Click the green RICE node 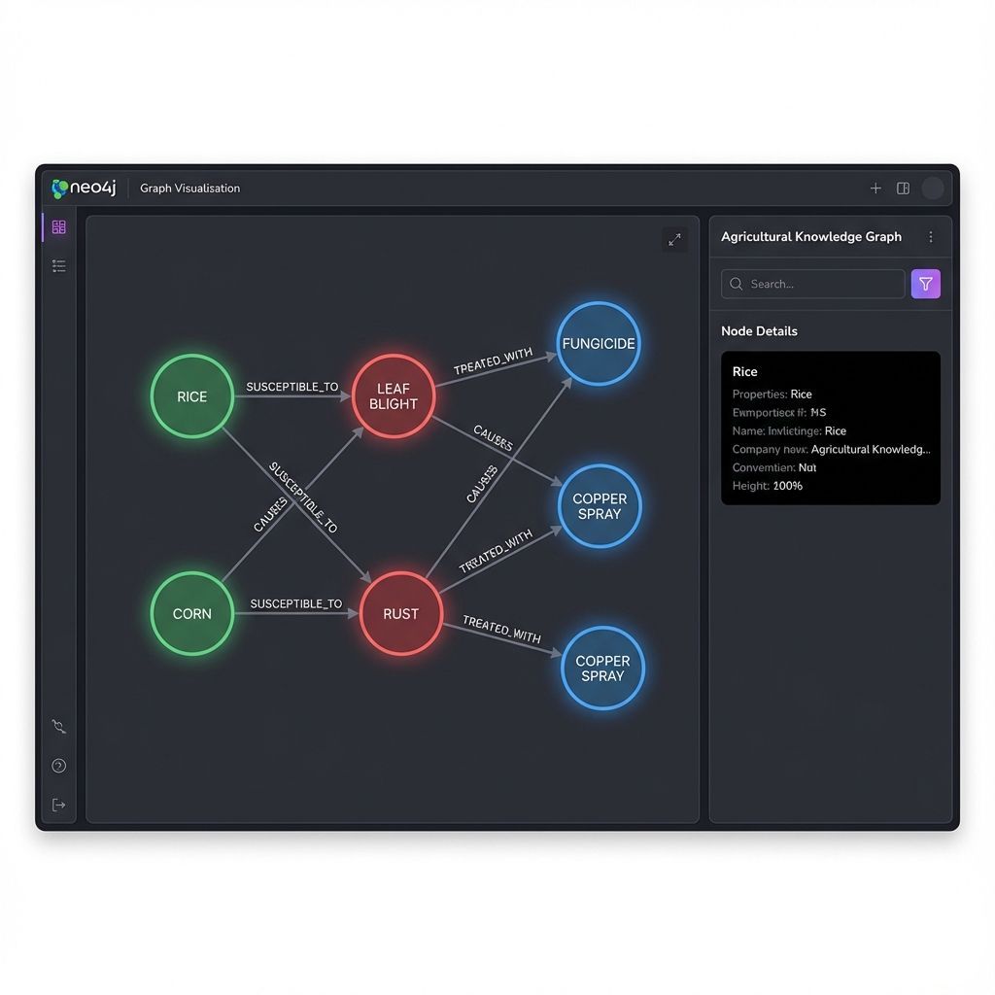coord(192,396)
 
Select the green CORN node coord(192,613)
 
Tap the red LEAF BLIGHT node coord(394,396)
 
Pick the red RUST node coord(400,613)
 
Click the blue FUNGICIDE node coord(599,343)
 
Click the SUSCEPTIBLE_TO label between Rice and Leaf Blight coord(292,387)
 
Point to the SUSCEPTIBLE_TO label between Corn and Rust coord(296,603)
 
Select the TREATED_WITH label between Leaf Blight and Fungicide coord(493,361)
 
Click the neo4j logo coord(84,188)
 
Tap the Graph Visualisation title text coord(189,189)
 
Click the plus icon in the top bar coord(875,189)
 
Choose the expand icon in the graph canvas coord(674,239)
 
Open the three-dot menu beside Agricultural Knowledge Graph coord(931,237)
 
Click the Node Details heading coord(759,331)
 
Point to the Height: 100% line coord(768,486)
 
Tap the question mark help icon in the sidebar coord(59,766)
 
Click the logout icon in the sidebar coord(59,805)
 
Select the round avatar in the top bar coord(933,189)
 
